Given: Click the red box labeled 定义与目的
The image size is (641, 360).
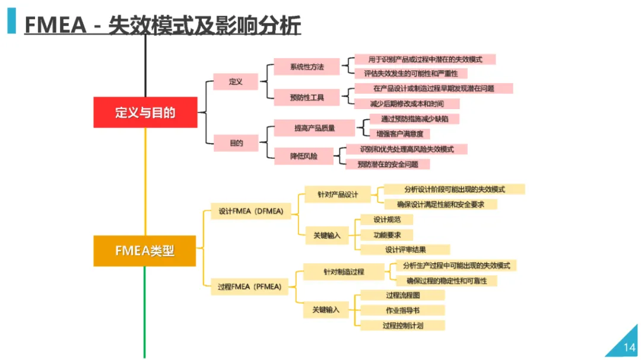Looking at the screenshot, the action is pyautogui.click(x=145, y=112).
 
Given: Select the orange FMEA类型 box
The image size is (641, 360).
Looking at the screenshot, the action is pyautogui.click(x=145, y=250).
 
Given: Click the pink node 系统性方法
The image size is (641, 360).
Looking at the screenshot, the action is pyautogui.click(x=306, y=66).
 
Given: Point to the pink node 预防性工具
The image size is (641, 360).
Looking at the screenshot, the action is pyautogui.click(x=306, y=97).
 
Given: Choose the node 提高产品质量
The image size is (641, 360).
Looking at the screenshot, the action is pyautogui.click(x=314, y=128).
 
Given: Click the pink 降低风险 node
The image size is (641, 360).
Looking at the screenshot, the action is pyautogui.click(x=303, y=157).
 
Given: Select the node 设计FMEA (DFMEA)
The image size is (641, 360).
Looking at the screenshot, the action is pyautogui.click(x=250, y=211).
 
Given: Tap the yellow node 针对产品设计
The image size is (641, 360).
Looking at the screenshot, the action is pyautogui.click(x=337, y=195).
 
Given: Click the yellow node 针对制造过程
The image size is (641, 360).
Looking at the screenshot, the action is pyautogui.click(x=344, y=272).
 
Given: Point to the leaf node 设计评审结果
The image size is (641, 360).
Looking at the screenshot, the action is pyautogui.click(x=405, y=250).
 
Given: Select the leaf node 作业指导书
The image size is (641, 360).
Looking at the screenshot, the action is pyautogui.click(x=402, y=310).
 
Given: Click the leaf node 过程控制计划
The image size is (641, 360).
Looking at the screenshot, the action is pyautogui.click(x=402, y=325).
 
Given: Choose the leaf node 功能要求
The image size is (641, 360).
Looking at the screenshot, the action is pyautogui.click(x=386, y=235).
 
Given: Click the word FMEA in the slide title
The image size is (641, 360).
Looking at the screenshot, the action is pyautogui.click(x=56, y=26).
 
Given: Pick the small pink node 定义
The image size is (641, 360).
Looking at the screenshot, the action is pyautogui.click(x=236, y=82).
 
